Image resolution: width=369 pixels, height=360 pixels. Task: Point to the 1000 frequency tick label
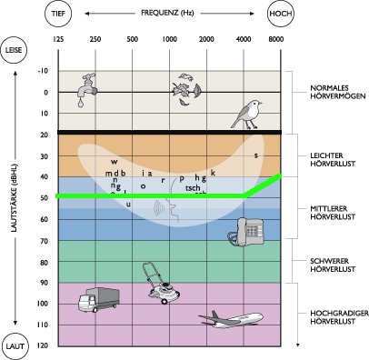[169, 40]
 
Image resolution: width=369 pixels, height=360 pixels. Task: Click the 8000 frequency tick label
[276, 40]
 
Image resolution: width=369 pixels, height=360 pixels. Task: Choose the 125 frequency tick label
[59, 40]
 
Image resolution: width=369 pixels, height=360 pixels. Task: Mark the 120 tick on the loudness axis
[42, 346]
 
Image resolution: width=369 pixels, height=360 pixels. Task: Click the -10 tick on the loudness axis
[43, 71]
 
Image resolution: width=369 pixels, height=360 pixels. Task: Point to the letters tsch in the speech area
[194, 187]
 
